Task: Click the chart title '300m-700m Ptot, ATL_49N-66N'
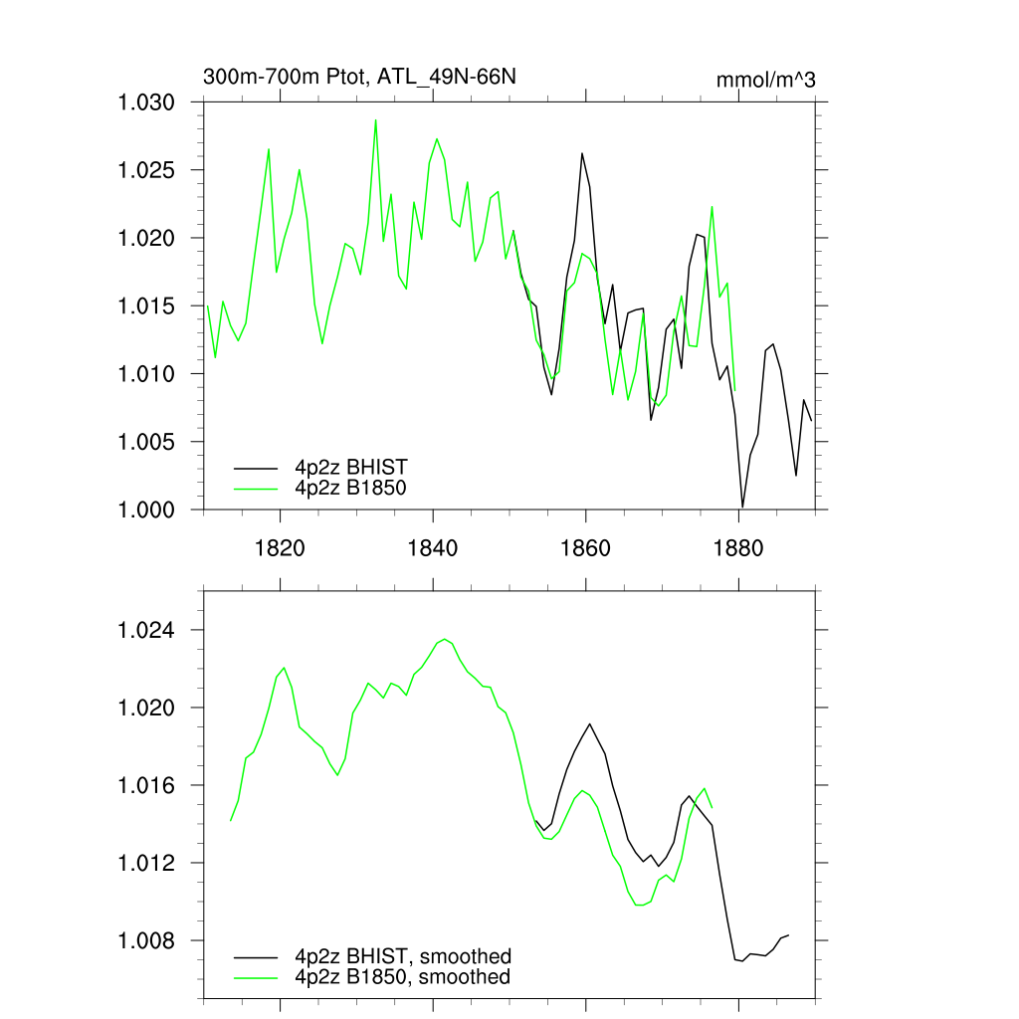tap(359, 78)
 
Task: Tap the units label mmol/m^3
tap(765, 81)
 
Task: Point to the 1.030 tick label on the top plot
tap(147, 103)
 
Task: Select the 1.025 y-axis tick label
tap(147, 171)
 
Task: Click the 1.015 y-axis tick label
tap(147, 306)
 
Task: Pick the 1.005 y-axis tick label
tap(147, 442)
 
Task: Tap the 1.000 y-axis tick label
tap(147, 509)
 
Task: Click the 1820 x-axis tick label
tap(281, 547)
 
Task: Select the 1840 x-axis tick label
tap(433, 547)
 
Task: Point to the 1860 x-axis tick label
tap(586, 547)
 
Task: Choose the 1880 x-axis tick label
tap(738, 547)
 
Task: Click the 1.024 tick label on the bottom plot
tap(147, 631)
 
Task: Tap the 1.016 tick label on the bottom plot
tap(147, 786)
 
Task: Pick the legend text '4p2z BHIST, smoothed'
tap(402, 956)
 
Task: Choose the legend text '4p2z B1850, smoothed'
tap(402, 977)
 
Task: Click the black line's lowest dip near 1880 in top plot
tap(742, 507)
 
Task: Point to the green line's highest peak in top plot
tap(375, 120)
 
